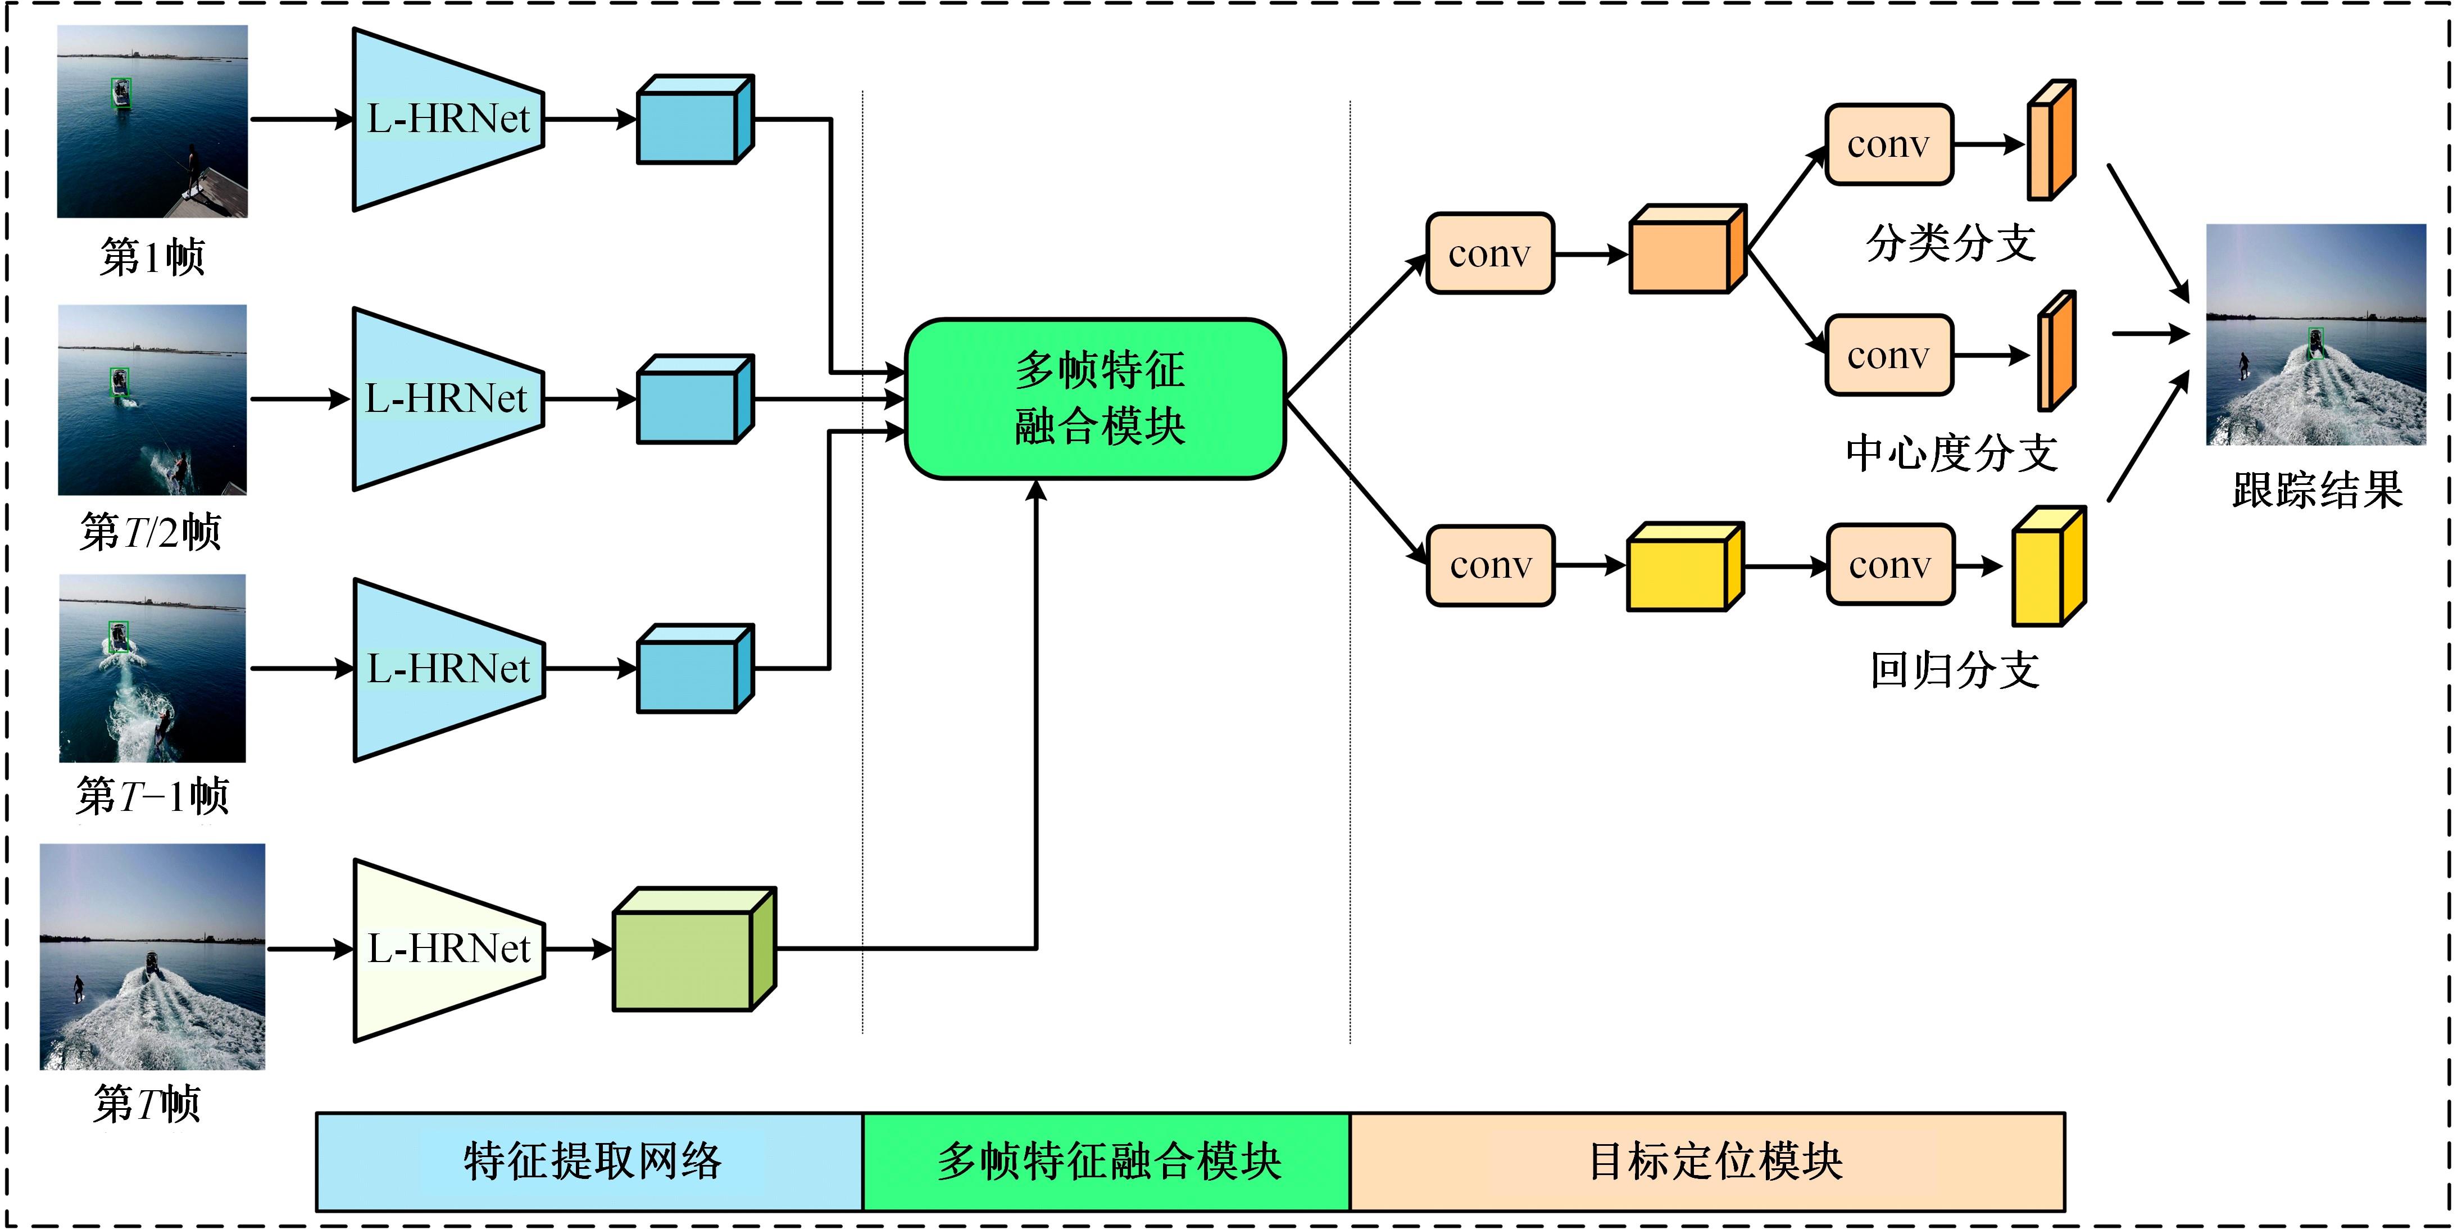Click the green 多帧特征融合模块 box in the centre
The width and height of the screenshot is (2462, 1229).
point(1095,398)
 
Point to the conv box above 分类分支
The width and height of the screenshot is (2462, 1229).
point(1888,144)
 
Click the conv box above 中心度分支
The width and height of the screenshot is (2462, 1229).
point(1888,356)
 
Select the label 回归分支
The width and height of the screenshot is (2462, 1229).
point(1955,670)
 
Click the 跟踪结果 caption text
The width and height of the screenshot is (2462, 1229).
point(2316,490)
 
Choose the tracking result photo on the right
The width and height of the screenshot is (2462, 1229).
point(2316,334)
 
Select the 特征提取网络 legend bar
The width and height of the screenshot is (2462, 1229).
point(590,1161)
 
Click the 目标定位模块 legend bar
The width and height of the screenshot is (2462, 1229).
point(1707,1161)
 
